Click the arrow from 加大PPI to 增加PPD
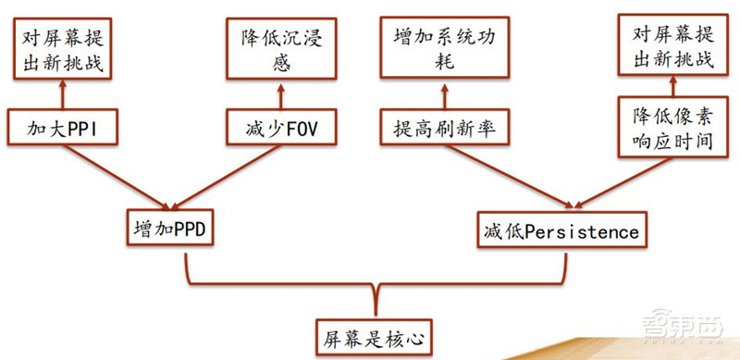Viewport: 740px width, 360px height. pyautogui.click(x=116, y=176)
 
